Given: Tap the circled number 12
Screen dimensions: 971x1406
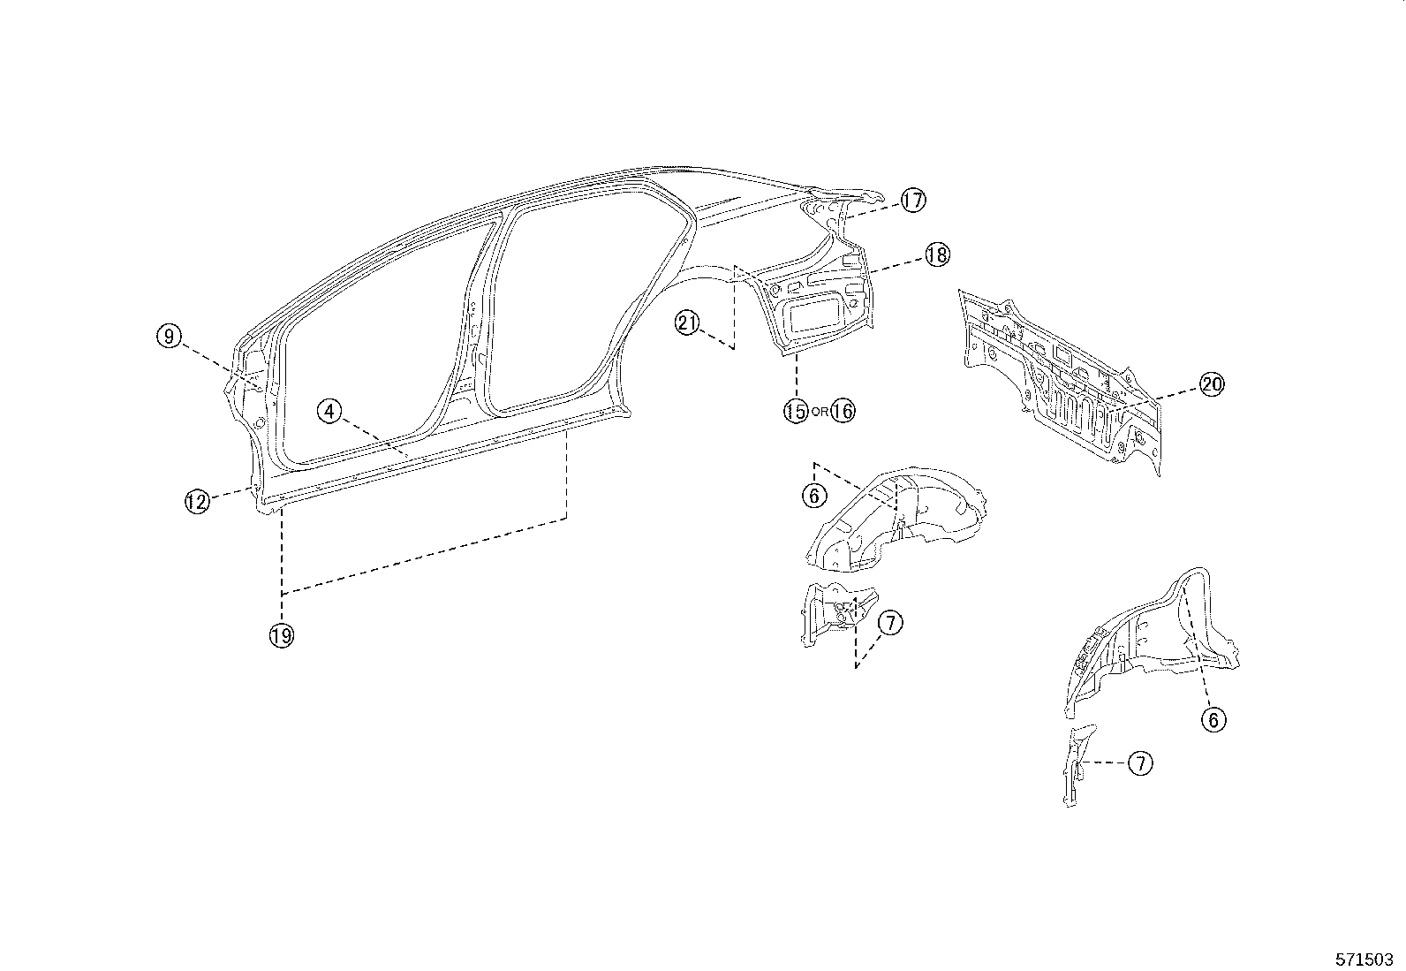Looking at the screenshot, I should [x=196, y=502].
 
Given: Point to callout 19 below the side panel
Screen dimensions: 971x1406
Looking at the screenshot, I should [x=282, y=633].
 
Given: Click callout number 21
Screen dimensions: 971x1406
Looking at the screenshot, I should [x=687, y=323].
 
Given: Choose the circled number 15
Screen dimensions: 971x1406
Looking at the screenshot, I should [x=795, y=411].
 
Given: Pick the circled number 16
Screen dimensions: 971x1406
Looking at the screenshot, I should [x=843, y=411].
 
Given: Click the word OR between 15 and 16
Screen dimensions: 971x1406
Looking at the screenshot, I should [x=819, y=412].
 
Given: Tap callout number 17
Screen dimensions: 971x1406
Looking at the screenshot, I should [x=912, y=201].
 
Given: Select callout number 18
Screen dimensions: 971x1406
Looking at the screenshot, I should [x=936, y=255].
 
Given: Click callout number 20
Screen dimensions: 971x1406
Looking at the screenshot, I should [x=1211, y=384].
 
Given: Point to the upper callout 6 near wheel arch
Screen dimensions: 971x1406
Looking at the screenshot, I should [x=813, y=496].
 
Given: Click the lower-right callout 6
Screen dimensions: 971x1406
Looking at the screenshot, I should [x=1213, y=720].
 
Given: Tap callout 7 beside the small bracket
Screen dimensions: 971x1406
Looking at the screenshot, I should [x=889, y=623].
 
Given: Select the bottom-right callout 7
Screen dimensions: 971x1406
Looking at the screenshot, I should [x=1141, y=762].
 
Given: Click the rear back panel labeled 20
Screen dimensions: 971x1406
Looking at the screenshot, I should [x=1060, y=380].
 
